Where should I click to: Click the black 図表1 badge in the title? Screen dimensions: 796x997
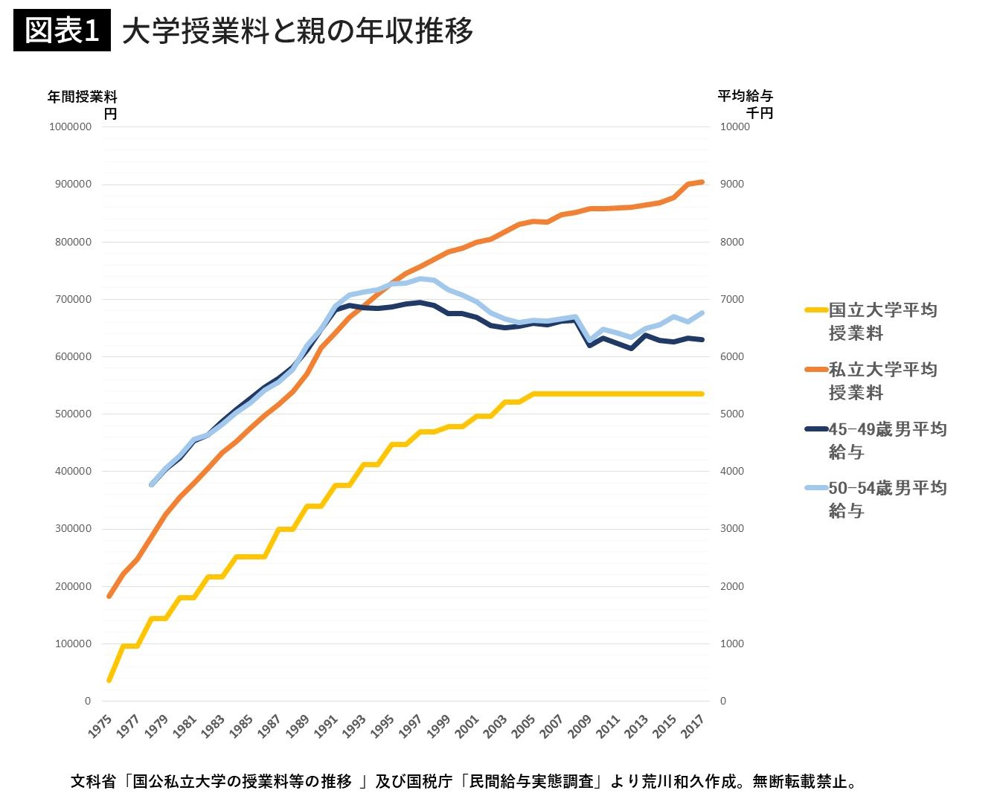[62, 31]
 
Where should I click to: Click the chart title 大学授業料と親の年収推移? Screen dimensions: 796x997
[298, 31]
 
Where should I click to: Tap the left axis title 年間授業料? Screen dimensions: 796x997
[82, 97]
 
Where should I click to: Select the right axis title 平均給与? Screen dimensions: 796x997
[745, 96]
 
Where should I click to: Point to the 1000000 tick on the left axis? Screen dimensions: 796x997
[70, 126]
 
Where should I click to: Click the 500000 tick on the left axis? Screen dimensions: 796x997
[70, 414]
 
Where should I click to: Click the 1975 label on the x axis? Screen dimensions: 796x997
[100, 726]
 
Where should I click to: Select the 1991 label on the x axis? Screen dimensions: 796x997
[326, 726]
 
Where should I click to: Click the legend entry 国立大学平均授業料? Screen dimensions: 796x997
[882, 321]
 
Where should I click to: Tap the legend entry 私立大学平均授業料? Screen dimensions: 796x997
[882, 381]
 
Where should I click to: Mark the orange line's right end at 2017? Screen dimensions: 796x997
[702, 182]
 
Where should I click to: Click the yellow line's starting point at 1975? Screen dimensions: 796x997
[109, 680]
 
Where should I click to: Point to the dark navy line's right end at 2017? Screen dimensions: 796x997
[702, 340]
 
